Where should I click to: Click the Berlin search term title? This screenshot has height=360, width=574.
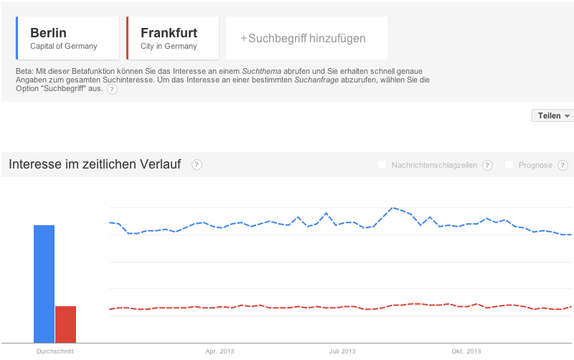[x=48, y=33]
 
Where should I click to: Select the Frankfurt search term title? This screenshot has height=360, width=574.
[x=169, y=33]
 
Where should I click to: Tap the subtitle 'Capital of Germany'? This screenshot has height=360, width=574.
[x=63, y=47]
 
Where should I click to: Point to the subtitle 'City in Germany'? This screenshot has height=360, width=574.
[x=169, y=47]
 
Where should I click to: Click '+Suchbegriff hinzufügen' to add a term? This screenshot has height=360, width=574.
[x=306, y=38]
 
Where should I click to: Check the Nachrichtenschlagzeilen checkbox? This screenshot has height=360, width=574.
[x=382, y=165]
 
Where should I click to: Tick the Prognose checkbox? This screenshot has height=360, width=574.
[x=509, y=165]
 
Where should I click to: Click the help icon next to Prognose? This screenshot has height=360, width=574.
[x=564, y=165]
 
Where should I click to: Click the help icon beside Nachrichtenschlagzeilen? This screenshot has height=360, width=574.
[x=487, y=165]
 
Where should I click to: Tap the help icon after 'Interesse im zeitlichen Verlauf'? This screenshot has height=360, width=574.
[x=197, y=165]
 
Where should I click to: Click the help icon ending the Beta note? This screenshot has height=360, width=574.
[x=112, y=90]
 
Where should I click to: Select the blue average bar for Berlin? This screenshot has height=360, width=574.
[x=44, y=283]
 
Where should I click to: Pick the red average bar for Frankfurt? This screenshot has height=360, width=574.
[x=65, y=324]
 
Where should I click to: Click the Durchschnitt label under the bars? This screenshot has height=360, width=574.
[x=55, y=351]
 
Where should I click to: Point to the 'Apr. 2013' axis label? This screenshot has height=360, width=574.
[x=220, y=351]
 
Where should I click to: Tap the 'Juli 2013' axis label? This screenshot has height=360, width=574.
[x=342, y=351]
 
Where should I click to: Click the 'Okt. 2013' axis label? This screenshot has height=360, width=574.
[x=466, y=351]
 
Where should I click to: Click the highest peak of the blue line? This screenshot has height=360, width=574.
[x=392, y=208]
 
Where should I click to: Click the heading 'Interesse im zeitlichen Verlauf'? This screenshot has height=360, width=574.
[x=95, y=165]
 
